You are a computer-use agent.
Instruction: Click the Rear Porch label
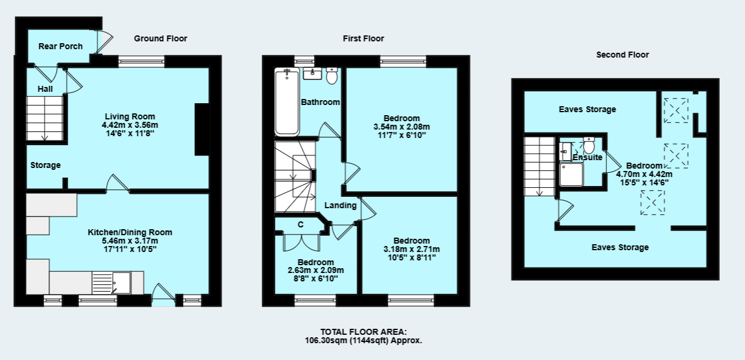(x=60, y=46)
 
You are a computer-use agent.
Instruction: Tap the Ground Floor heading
(x=160, y=38)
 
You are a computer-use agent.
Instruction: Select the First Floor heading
(x=363, y=38)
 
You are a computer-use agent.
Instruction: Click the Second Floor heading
(x=622, y=55)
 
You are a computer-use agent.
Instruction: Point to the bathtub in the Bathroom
(x=286, y=102)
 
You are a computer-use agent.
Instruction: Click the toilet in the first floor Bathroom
(x=332, y=76)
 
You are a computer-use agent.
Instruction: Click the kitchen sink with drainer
(x=111, y=283)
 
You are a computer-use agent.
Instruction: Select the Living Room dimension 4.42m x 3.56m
(x=130, y=125)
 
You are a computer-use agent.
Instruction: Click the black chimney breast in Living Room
(x=202, y=130)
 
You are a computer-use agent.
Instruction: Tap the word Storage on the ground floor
(x=46, y=165)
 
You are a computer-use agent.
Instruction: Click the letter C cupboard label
(x=300, y=225)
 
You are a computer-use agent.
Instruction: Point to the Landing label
(x=340, y=205)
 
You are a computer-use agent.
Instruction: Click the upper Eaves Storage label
(x=587, y=109)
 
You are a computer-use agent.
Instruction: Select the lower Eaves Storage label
(x=620, y=247)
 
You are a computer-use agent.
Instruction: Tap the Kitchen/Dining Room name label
(x=130, y=232)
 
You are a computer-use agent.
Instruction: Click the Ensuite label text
(x=587, y=157)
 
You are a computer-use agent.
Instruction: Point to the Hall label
(x=46, y=89)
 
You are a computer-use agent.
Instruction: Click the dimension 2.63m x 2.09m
(x=316, y=270)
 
